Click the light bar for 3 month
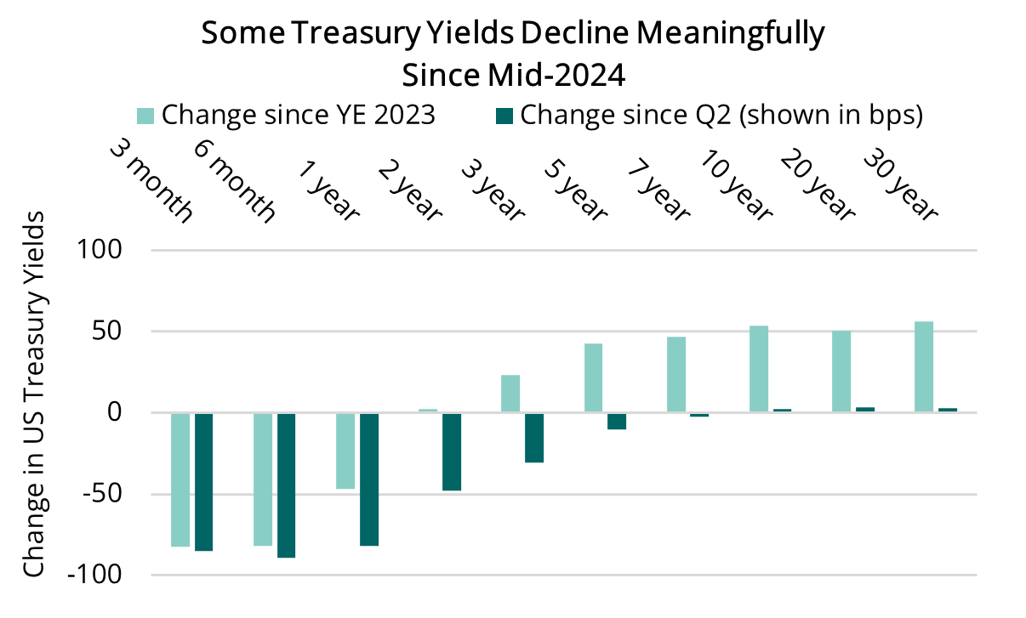(180, 479)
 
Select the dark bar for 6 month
(286, 485)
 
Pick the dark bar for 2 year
(451, 451)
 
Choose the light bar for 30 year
(923, 367)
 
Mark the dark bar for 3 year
(533, 437)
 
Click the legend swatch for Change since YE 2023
(145, 115)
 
